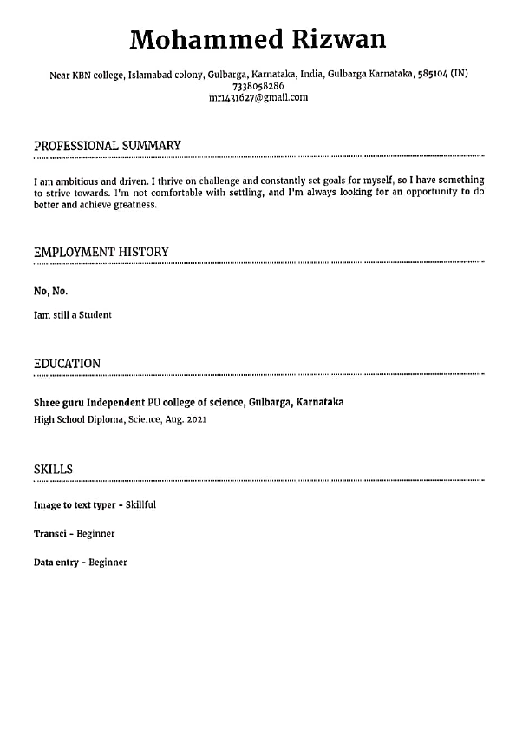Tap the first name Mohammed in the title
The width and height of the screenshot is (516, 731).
(206, 39)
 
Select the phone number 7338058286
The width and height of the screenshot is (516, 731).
(258, 87)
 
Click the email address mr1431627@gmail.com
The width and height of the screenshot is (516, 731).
(258, 97)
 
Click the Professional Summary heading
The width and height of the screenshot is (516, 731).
(108, 146)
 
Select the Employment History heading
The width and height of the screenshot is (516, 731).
(101, 252)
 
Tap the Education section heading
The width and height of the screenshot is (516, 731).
(67, 363)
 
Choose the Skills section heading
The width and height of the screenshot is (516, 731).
(53, 469)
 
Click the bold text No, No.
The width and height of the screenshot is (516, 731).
(50, 291)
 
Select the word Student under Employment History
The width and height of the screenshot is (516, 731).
(95, 315)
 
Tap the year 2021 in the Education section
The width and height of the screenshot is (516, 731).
(195, 420)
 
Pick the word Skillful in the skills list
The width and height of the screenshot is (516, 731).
(140, 504)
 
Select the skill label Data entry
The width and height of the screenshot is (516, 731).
(56, 563)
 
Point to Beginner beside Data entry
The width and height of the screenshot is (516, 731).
(108, 563)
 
